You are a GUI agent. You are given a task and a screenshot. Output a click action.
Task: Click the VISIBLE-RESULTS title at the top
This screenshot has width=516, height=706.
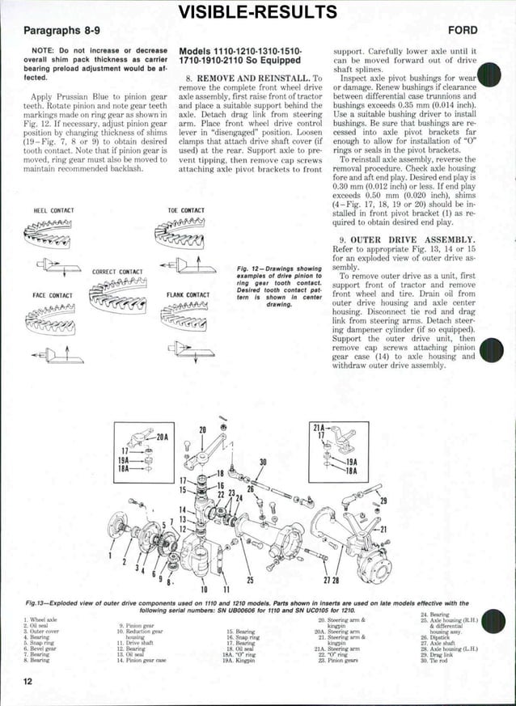tap(257, 11)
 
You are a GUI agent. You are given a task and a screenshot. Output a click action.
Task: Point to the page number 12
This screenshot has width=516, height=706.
tap(28, 682)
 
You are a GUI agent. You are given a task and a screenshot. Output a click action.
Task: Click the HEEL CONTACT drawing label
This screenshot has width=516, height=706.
tap(53, 210)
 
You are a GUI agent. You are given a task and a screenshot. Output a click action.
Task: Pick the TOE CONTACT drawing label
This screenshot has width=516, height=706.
tap(185, 210)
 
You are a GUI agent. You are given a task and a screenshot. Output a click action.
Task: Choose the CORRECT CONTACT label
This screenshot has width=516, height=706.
tap(118, 272)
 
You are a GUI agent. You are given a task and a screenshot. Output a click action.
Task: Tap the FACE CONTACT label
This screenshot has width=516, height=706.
tap(53, 295)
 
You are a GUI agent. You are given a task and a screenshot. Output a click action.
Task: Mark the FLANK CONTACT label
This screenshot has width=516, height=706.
tap(186, 295)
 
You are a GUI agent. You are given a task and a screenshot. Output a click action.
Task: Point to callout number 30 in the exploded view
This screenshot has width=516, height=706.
tap(262, 463)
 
